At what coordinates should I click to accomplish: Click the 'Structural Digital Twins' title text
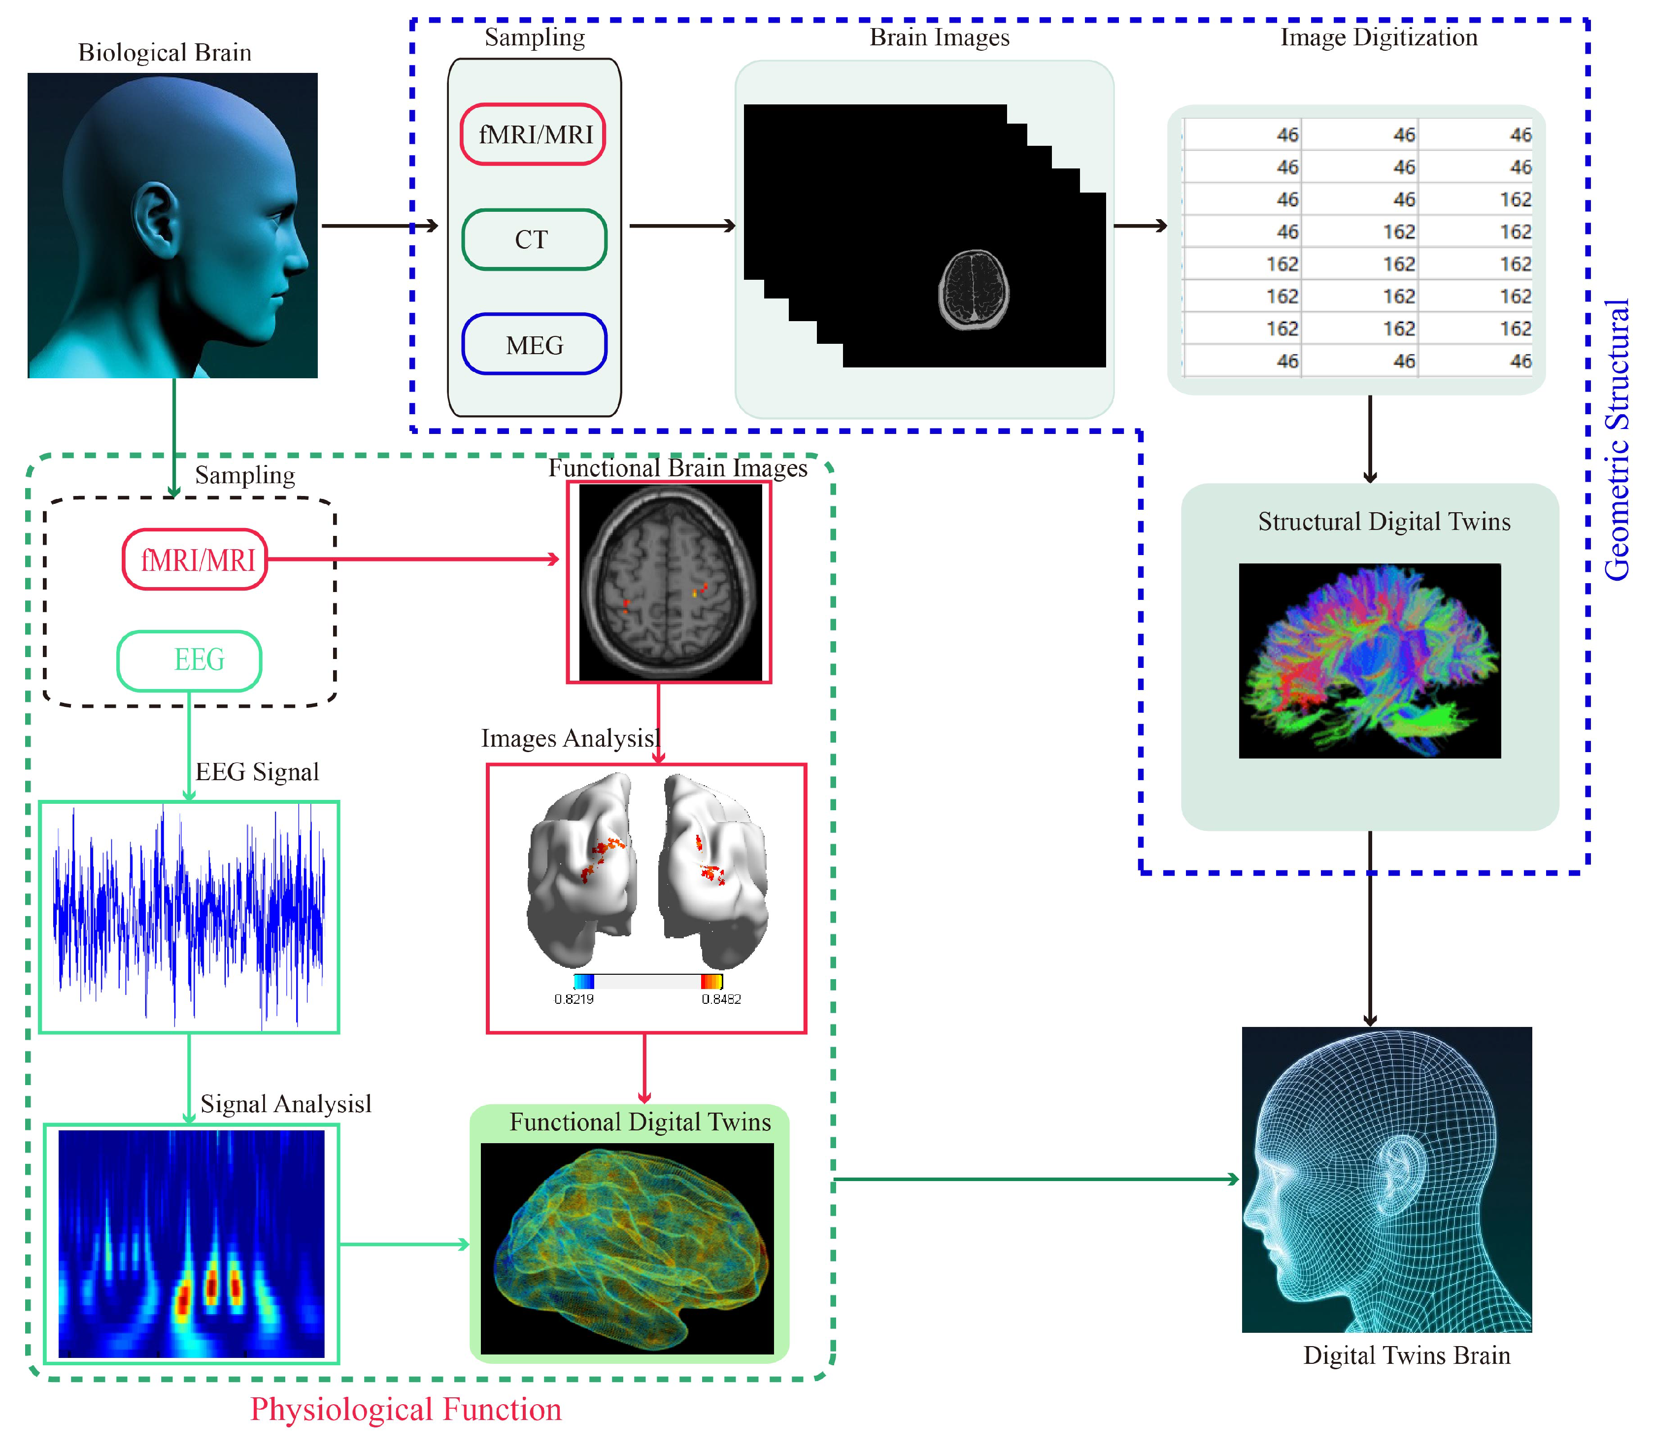1383,522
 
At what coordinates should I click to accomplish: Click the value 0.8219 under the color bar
573,999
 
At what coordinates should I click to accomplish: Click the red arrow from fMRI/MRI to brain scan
412,559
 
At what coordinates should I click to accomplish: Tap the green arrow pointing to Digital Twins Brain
1035,1180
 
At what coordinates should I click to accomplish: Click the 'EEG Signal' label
257,772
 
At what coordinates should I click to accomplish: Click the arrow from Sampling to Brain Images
682,226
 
